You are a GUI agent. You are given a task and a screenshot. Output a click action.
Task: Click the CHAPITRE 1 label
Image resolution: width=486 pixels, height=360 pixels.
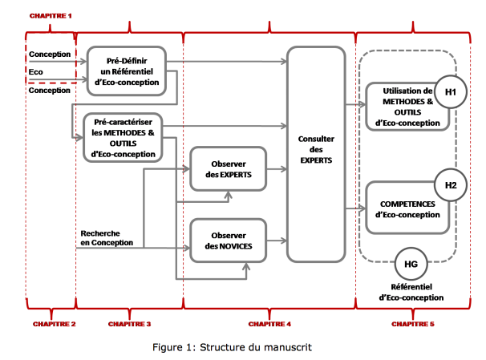coord(51,16)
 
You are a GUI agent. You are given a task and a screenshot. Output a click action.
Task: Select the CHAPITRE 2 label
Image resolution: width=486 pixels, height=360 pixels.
coord(55,324)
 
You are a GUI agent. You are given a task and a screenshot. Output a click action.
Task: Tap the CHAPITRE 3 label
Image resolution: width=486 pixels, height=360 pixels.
coord(130,324)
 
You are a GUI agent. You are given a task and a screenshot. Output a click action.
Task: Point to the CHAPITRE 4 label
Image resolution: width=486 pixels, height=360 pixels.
coord(269,324)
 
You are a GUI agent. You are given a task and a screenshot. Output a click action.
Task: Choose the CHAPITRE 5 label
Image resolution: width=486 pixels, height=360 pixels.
coord(413,324)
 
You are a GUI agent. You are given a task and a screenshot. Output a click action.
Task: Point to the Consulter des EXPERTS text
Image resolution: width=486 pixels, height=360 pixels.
coord(316,150)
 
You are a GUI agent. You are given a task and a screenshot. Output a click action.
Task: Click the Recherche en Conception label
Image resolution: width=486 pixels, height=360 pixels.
coord(107,238)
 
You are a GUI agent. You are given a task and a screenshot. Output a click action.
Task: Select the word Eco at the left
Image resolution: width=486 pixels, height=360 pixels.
coord(35,72)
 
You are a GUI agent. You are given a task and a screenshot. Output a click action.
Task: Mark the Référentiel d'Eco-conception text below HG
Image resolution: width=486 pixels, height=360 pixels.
coord(411,292)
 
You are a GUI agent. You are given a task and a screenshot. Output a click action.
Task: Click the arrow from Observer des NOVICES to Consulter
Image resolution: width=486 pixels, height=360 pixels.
coord(277,241)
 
